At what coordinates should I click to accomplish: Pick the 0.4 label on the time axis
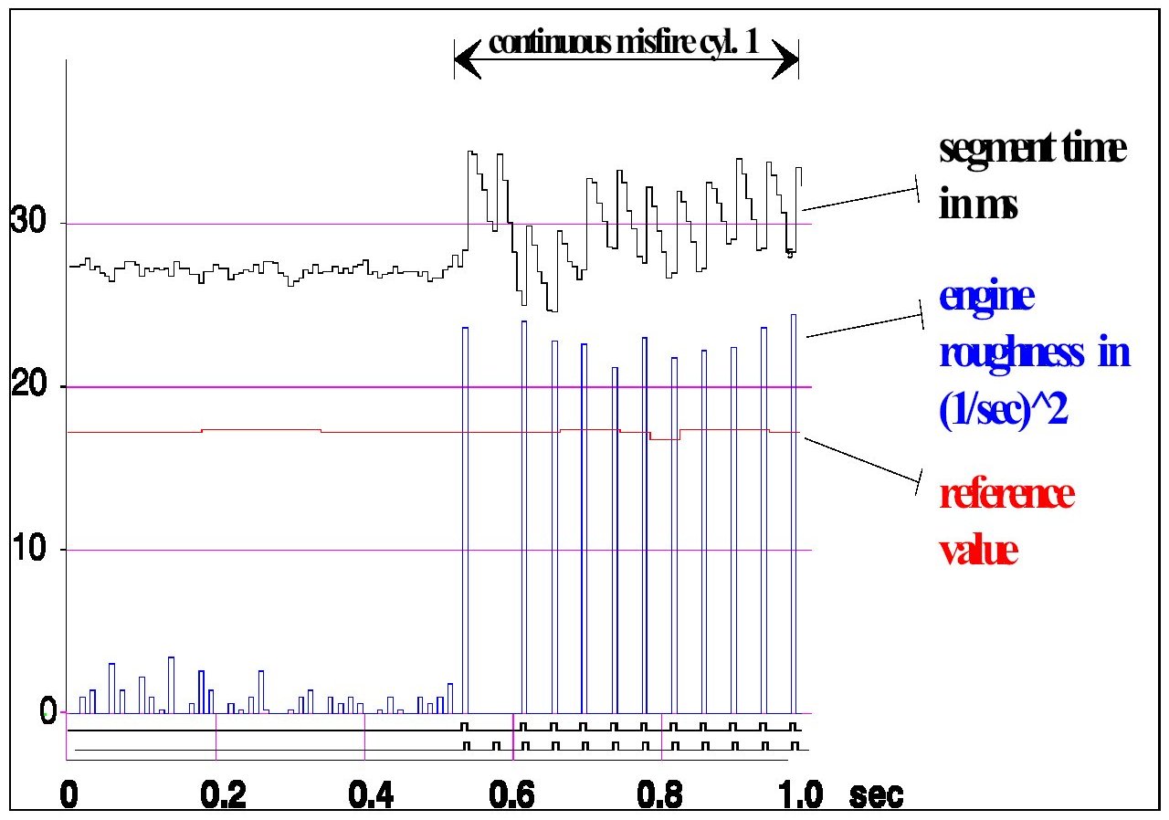372,792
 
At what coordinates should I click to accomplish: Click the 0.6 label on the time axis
521,792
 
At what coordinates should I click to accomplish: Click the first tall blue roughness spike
465,520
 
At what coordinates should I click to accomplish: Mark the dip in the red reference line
665,438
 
